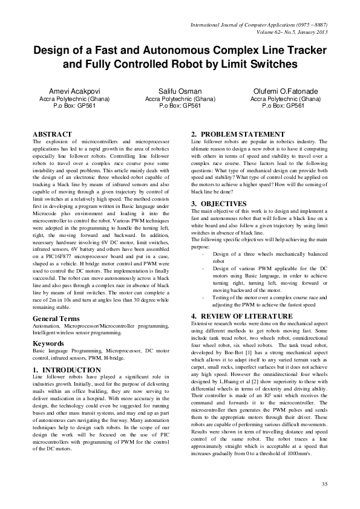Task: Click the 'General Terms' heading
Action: [56, 318]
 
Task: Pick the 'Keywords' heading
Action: [48, 343]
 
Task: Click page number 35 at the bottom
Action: [325, 485]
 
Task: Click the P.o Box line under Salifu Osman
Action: [180, 105]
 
